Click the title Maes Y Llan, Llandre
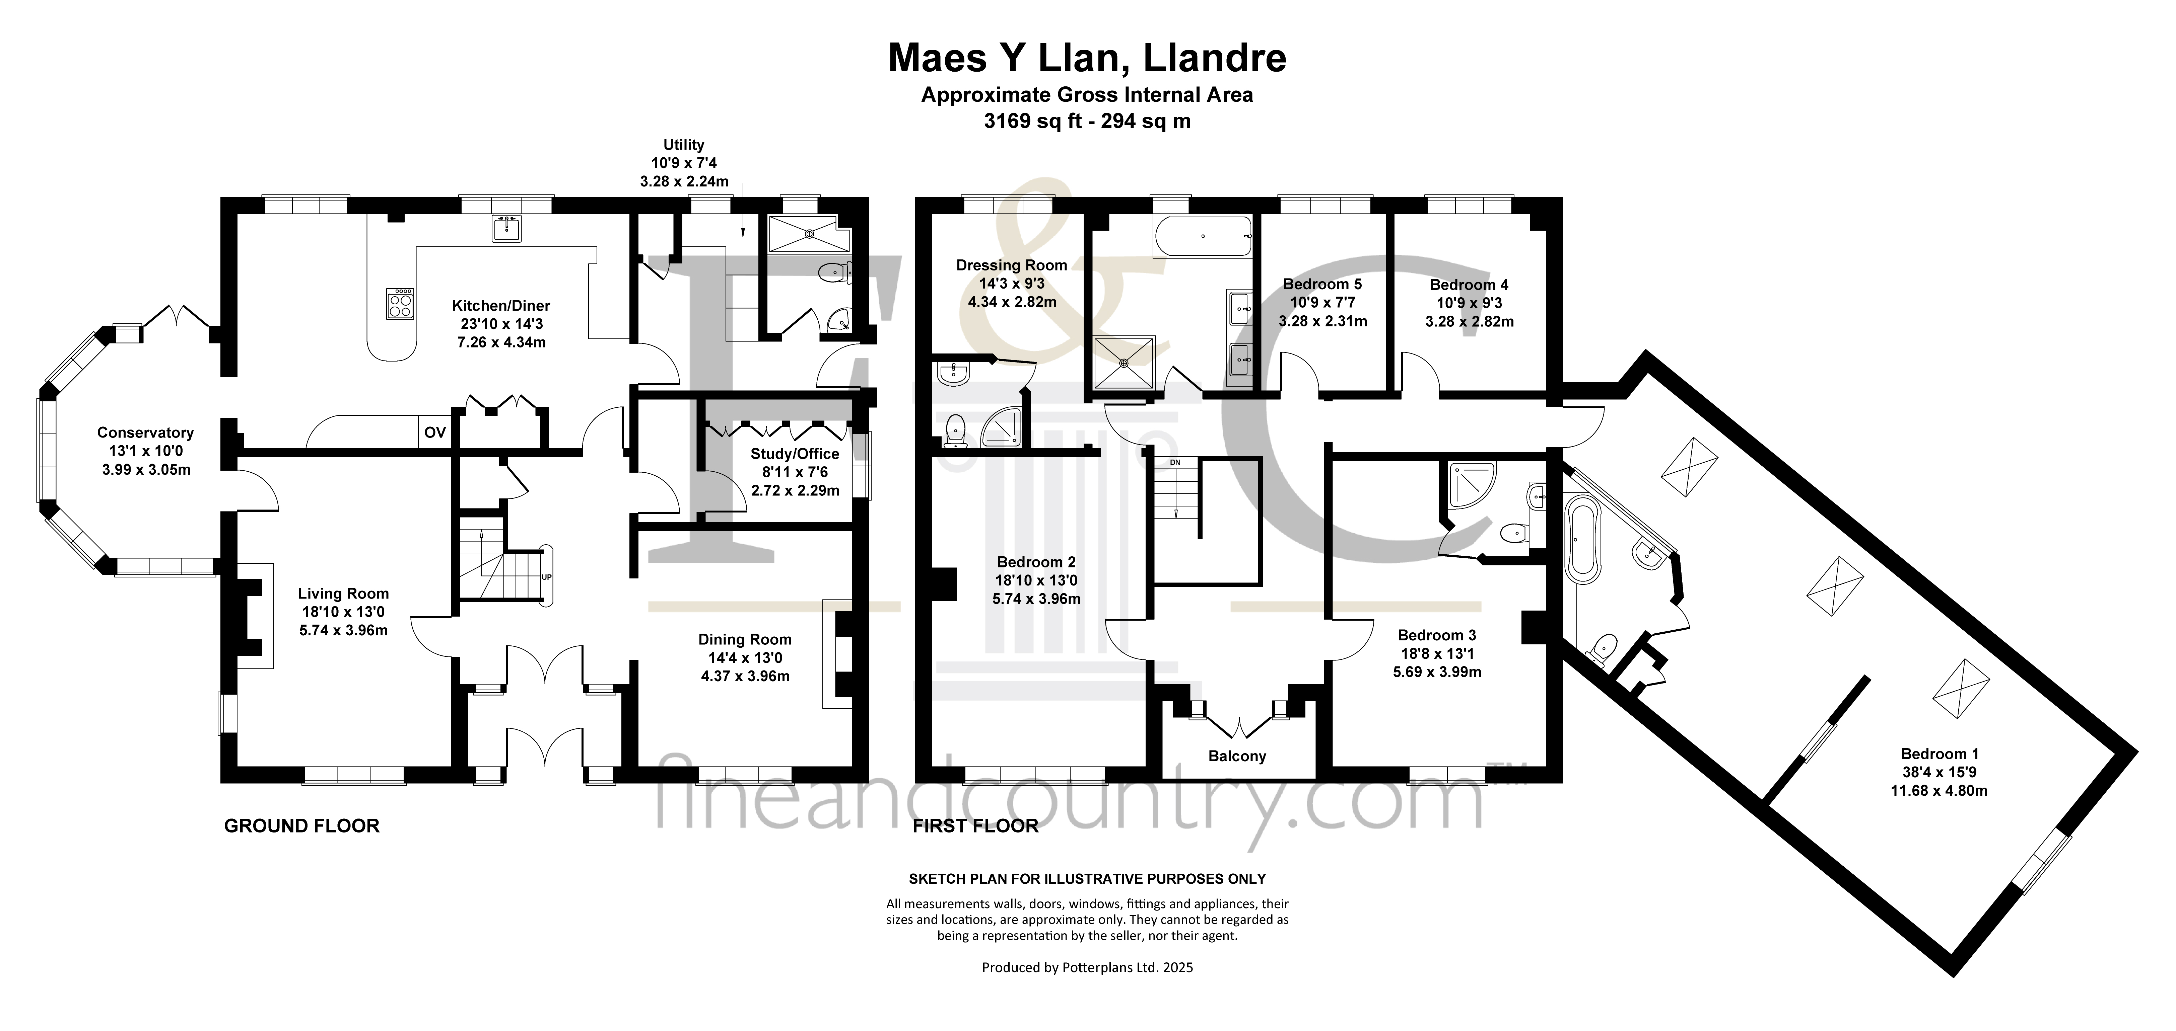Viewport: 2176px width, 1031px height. pos(1087,58)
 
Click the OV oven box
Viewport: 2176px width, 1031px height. pos(434,432)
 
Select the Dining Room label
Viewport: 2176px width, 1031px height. pos(744,639)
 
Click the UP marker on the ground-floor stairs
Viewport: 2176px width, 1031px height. pos(547,577)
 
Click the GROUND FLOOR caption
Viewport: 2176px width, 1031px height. pos(301,826)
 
